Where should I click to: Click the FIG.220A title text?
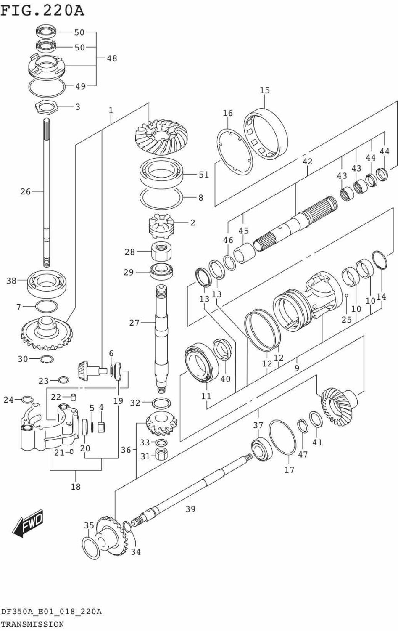pyautogui.click(x=42, y=11)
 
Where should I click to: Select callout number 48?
pyautogui.click(x=112, y=58)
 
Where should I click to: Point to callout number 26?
pyautogui.click(x=25, y=191)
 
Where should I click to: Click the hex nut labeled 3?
pyautogui.click(x=47, y=107)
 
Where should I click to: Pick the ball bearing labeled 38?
pyautogui.click(x=47, y=284)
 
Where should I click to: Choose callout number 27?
pyautogui.click(x=134, y=323)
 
